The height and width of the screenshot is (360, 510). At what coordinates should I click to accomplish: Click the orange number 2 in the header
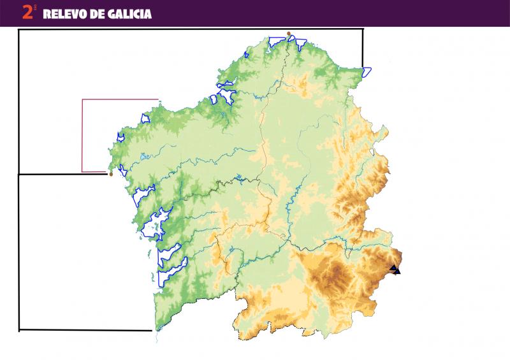point(27,12)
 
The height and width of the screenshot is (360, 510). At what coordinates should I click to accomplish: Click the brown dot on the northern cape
point(289,34)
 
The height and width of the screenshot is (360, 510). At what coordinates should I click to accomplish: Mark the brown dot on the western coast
point(111,174)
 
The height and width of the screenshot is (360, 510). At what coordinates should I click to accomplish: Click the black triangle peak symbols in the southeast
point(395,270)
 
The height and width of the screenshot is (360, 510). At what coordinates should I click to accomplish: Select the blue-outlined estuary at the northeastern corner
point(367,71)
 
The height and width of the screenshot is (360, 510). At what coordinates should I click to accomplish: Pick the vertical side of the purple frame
point(82,135)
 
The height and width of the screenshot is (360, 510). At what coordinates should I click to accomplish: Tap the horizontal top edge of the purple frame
point(120,99)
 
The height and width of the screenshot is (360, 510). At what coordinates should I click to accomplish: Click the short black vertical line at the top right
point(363,48)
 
